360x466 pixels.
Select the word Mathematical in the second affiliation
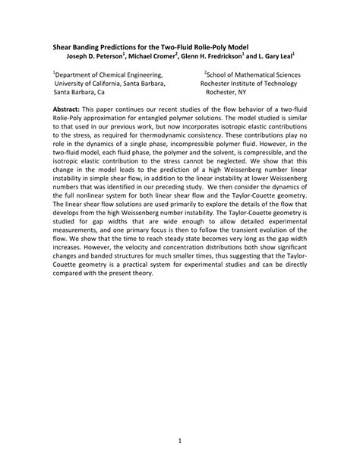(249, 74)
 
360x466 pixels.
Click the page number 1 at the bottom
(180, 440)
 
